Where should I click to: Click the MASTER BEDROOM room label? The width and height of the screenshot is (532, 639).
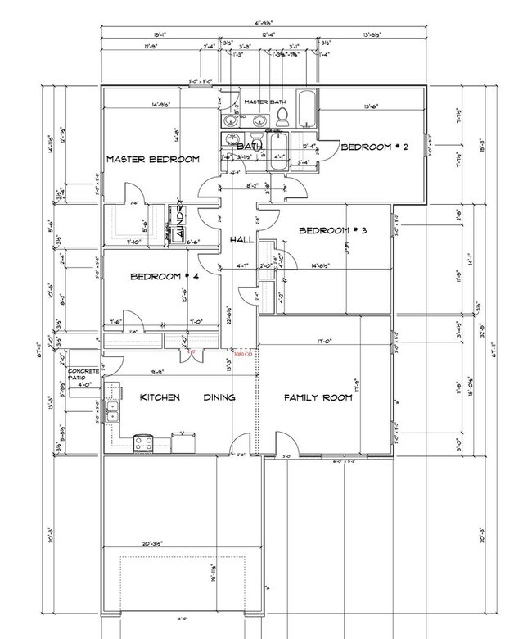[152, 159]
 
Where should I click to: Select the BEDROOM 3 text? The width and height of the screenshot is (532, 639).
[332, 231]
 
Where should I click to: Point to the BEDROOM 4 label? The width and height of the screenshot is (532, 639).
[165, 278]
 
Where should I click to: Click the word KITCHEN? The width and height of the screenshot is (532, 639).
[160, 397]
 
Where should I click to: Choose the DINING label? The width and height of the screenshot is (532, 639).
[219, 397]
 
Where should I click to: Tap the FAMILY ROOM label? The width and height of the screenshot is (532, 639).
[318, 397]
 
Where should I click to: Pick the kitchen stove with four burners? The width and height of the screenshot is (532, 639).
[145, 443]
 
